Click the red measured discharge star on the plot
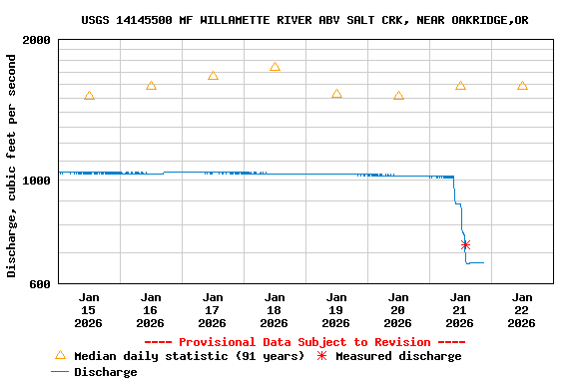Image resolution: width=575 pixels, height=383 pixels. (x=465, y=244)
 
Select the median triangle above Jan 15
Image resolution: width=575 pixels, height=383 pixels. (x=89, y=96)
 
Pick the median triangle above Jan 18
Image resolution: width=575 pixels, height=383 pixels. (x=275, y=67)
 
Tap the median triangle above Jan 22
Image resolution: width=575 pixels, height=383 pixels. (x=522, y=86)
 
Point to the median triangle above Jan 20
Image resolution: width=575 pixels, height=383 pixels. (x=398, y=96)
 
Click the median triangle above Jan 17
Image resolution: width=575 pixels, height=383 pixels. (x=213, y=76)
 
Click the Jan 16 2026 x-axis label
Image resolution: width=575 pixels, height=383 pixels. (x=151, y=310)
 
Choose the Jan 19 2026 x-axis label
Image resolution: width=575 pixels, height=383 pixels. (x=336, y=310)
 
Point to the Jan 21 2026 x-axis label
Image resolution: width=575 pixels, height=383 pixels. (x=460, y=310)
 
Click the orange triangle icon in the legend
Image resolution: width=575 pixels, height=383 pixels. (x=60, y=355)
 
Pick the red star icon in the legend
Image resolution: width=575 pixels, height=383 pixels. (x=321, y=356)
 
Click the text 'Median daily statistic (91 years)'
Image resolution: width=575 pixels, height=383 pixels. (x=190, y=356)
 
